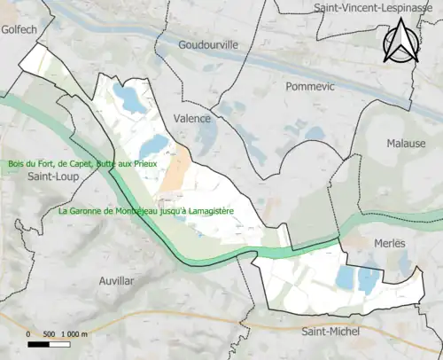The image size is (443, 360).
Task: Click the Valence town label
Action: click(192, 118)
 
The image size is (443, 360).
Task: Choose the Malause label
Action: click(406, 144)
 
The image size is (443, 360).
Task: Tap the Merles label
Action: click(389, 243)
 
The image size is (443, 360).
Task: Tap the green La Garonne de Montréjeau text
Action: click(115, 212)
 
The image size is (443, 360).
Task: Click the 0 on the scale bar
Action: click(29, 334)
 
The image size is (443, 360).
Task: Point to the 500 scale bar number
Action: click(50, 334)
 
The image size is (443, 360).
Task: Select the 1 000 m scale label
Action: click(74, 334)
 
